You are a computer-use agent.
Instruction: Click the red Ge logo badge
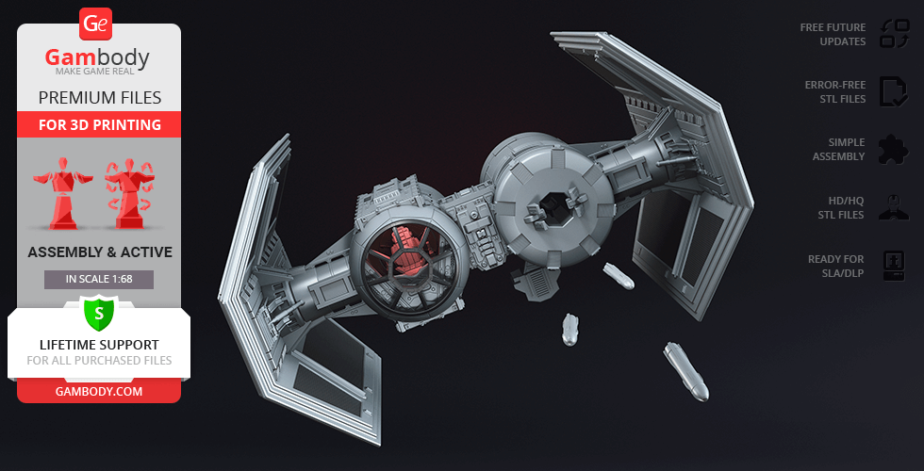click(x=95, y=24)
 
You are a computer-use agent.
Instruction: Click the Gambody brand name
click(x=97, y=57)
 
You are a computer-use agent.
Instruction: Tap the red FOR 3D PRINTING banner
click(x=99, y=124)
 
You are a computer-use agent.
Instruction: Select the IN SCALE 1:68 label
click(x=99, y=279)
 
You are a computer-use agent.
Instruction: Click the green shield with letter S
click(x=98, y=314)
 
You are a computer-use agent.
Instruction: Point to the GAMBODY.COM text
click(x=99, y=392)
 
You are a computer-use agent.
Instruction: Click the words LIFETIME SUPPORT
click(x=99, y=345)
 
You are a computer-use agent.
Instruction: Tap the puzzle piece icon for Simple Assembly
click(x=894, y=150)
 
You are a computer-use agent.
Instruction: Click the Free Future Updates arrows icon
click(x=895, y=34)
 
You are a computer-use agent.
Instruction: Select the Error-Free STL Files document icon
click(x=894, y=92)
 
